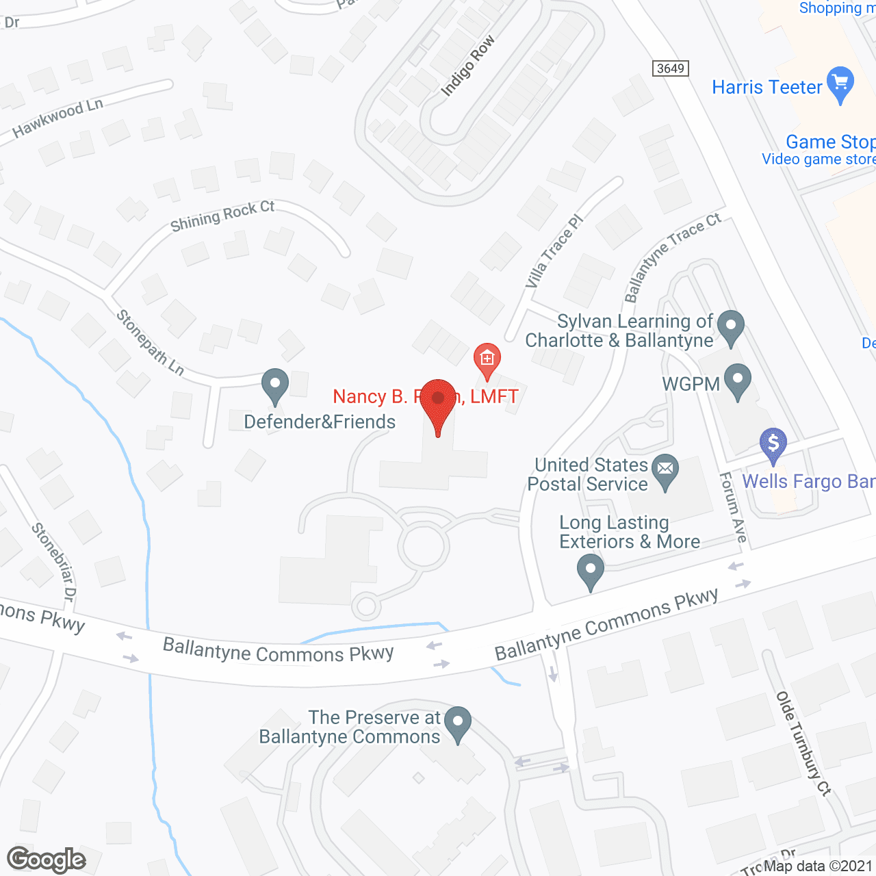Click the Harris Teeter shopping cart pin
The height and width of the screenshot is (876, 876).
[840, 84]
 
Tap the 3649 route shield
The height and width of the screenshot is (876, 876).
[670, 68]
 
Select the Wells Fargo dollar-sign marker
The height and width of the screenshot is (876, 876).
[773, 443]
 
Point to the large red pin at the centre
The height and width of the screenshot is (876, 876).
[438, 404]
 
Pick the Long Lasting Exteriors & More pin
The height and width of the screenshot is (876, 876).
[590, 571]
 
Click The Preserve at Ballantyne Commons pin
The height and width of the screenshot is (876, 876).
[458, 723]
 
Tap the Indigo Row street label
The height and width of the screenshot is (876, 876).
[468, 66]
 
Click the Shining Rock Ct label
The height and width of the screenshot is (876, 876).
[222, 216]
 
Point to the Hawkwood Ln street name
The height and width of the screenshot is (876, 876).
[58, 117]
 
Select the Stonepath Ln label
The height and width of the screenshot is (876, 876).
[150, 343]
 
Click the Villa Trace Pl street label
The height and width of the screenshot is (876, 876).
[554, 251]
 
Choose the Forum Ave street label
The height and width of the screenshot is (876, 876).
[732, 507]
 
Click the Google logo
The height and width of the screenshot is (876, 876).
[47, 860]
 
